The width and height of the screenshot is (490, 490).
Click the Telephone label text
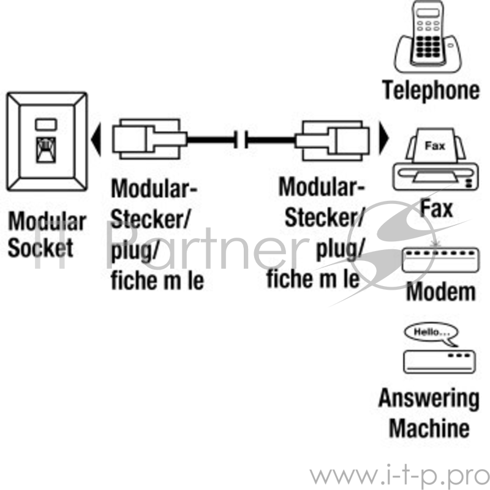pyautogui.click(x=431, y=90)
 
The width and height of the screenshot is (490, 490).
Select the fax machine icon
pyautogui.click(x=435, y=160)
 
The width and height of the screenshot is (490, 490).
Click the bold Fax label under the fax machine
pyautogui.click(x=436, y=208)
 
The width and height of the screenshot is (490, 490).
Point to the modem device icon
pyautogui.click(x=439, y=260)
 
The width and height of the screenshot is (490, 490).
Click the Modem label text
pyautogui.click(x=440, y=292)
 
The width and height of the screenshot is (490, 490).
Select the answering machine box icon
pyautogui.click(x=439, y=361)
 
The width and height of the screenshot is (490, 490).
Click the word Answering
pyautogui.click(x=428, y=398)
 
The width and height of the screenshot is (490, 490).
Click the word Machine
pyautogui.click(x=429, y=427)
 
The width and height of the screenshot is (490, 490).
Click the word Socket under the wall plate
pyautogui.click(x=40, y=247)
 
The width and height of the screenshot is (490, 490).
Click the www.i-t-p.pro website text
pyautogui.click(x=398, y=475)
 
